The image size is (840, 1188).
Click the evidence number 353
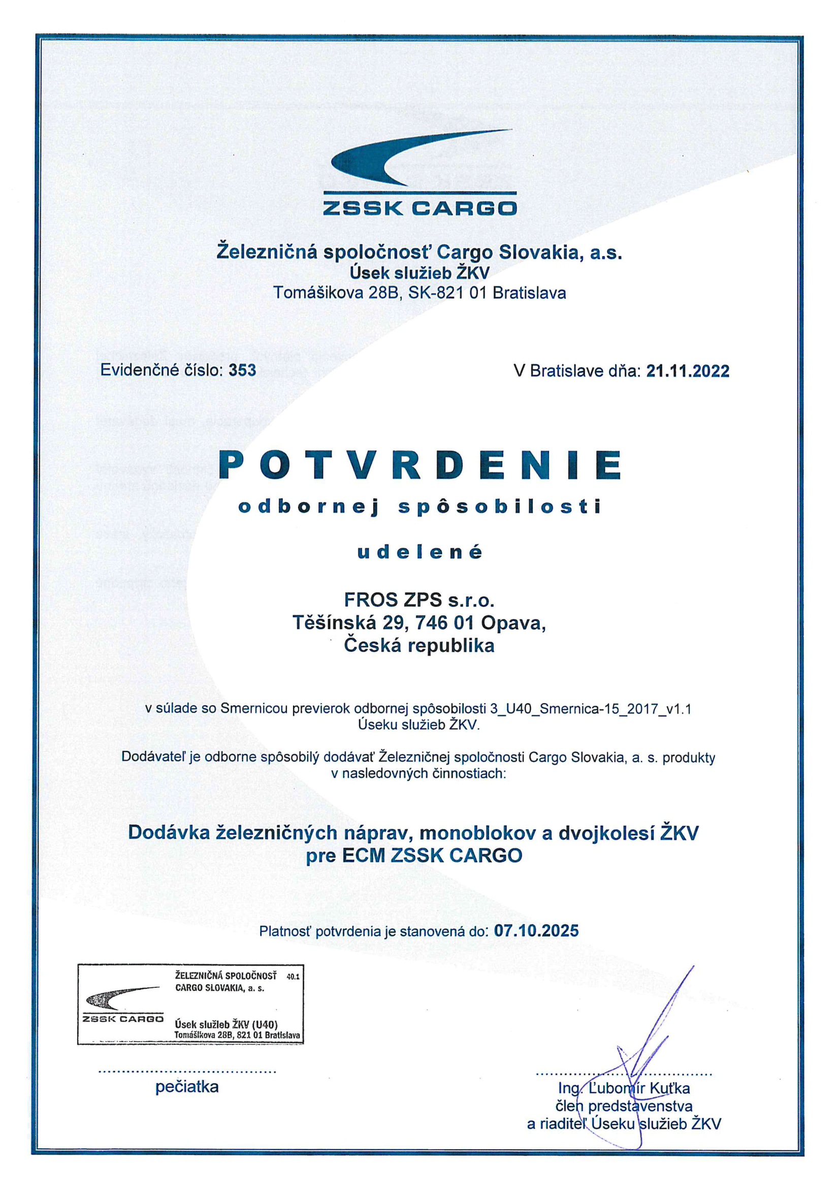[x=242, y=370]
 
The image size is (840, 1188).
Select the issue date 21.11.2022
[x=688, y=371]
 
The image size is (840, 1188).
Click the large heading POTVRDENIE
[x=419, y=465]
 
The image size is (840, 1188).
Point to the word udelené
[x=419, y=552]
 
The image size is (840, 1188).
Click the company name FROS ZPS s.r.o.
[x=419, y=600]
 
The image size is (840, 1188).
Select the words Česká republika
[x=419, y=646]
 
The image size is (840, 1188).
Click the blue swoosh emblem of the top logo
[x=409, y=158]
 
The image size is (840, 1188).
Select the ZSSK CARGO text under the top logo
[x=419, y=208]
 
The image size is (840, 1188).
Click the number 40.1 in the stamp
[x=293, y=977]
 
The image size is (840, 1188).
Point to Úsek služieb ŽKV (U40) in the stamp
[x=226, y=1024]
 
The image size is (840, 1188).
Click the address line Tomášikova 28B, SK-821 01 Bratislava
[x=419, y=293]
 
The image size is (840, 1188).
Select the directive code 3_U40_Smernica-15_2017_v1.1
[x=590, y=708]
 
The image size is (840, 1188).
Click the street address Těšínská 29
[x=348, y=622]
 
